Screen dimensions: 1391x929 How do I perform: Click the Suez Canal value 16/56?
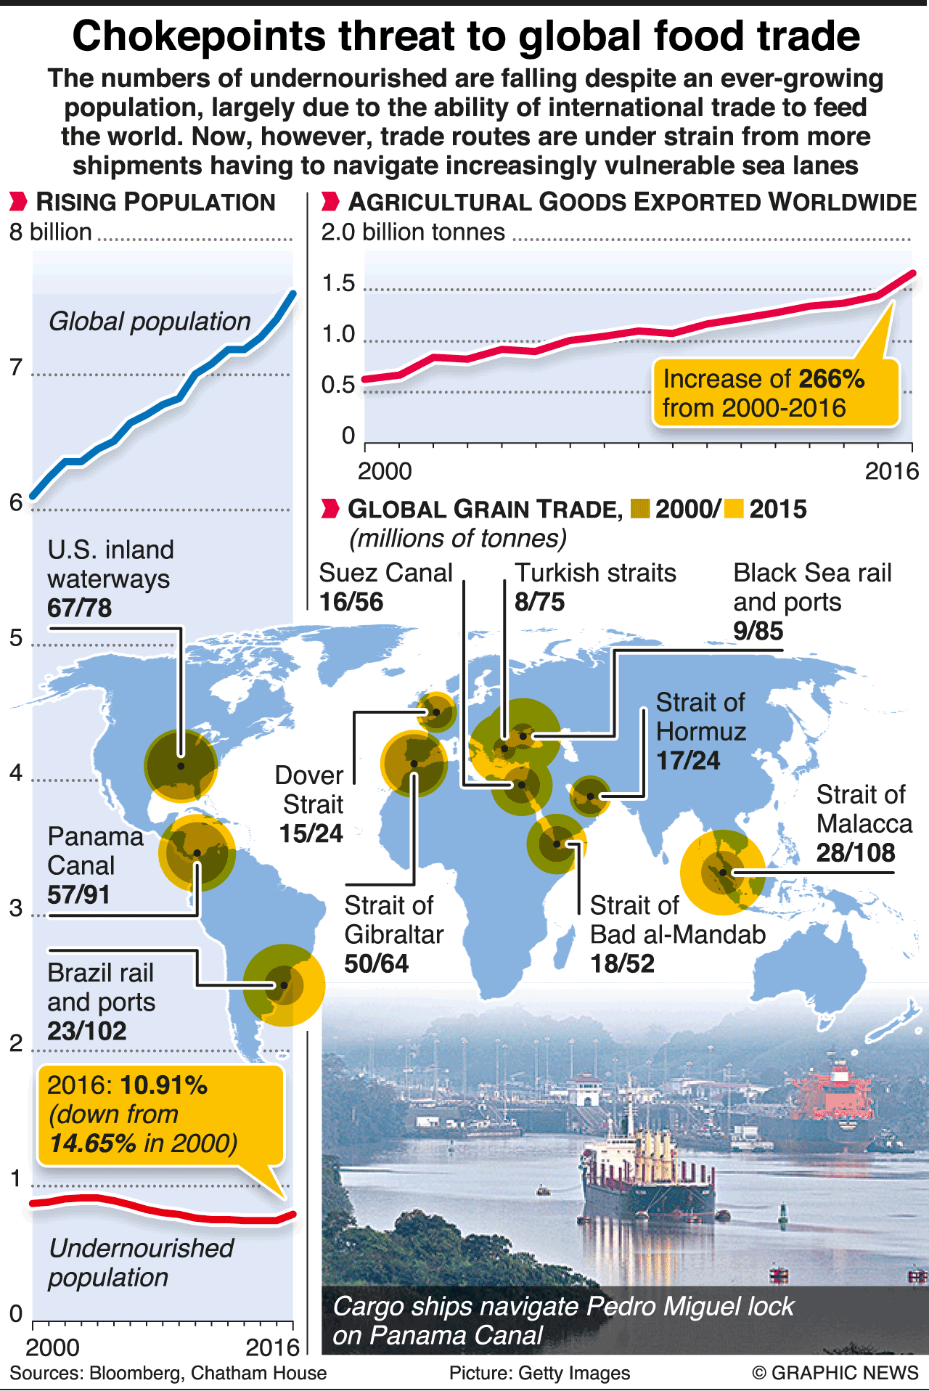[351, 602]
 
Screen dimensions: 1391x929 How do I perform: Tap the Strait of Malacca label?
[864, 809]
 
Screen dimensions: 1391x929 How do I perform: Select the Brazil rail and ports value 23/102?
[87, 1031]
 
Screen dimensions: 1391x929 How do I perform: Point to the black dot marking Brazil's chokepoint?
[284, 985]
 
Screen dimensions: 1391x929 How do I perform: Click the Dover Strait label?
[309, 790]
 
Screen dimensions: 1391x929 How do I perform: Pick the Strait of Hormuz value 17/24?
[688, 760]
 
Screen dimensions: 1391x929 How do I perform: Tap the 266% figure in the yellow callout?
[831, 379]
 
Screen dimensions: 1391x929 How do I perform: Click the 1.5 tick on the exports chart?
[339, 283]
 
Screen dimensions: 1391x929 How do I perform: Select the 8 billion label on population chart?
[51, 232]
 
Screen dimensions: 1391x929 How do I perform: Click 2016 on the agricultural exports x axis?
[892, 471]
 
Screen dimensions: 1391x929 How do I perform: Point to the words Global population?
[150, 321]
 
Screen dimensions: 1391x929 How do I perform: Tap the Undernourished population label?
[141, 1262]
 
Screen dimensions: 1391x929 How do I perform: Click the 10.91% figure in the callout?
[164, 1085]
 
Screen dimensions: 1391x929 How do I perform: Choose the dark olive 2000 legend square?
[640, 509]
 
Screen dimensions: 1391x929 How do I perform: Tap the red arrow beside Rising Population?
[19, 202]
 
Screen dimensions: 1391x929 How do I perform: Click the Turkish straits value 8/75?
[539, 602]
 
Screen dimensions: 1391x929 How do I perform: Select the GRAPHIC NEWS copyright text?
[835, 1373]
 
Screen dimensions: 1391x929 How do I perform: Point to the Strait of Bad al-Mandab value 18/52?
[622, 963]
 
